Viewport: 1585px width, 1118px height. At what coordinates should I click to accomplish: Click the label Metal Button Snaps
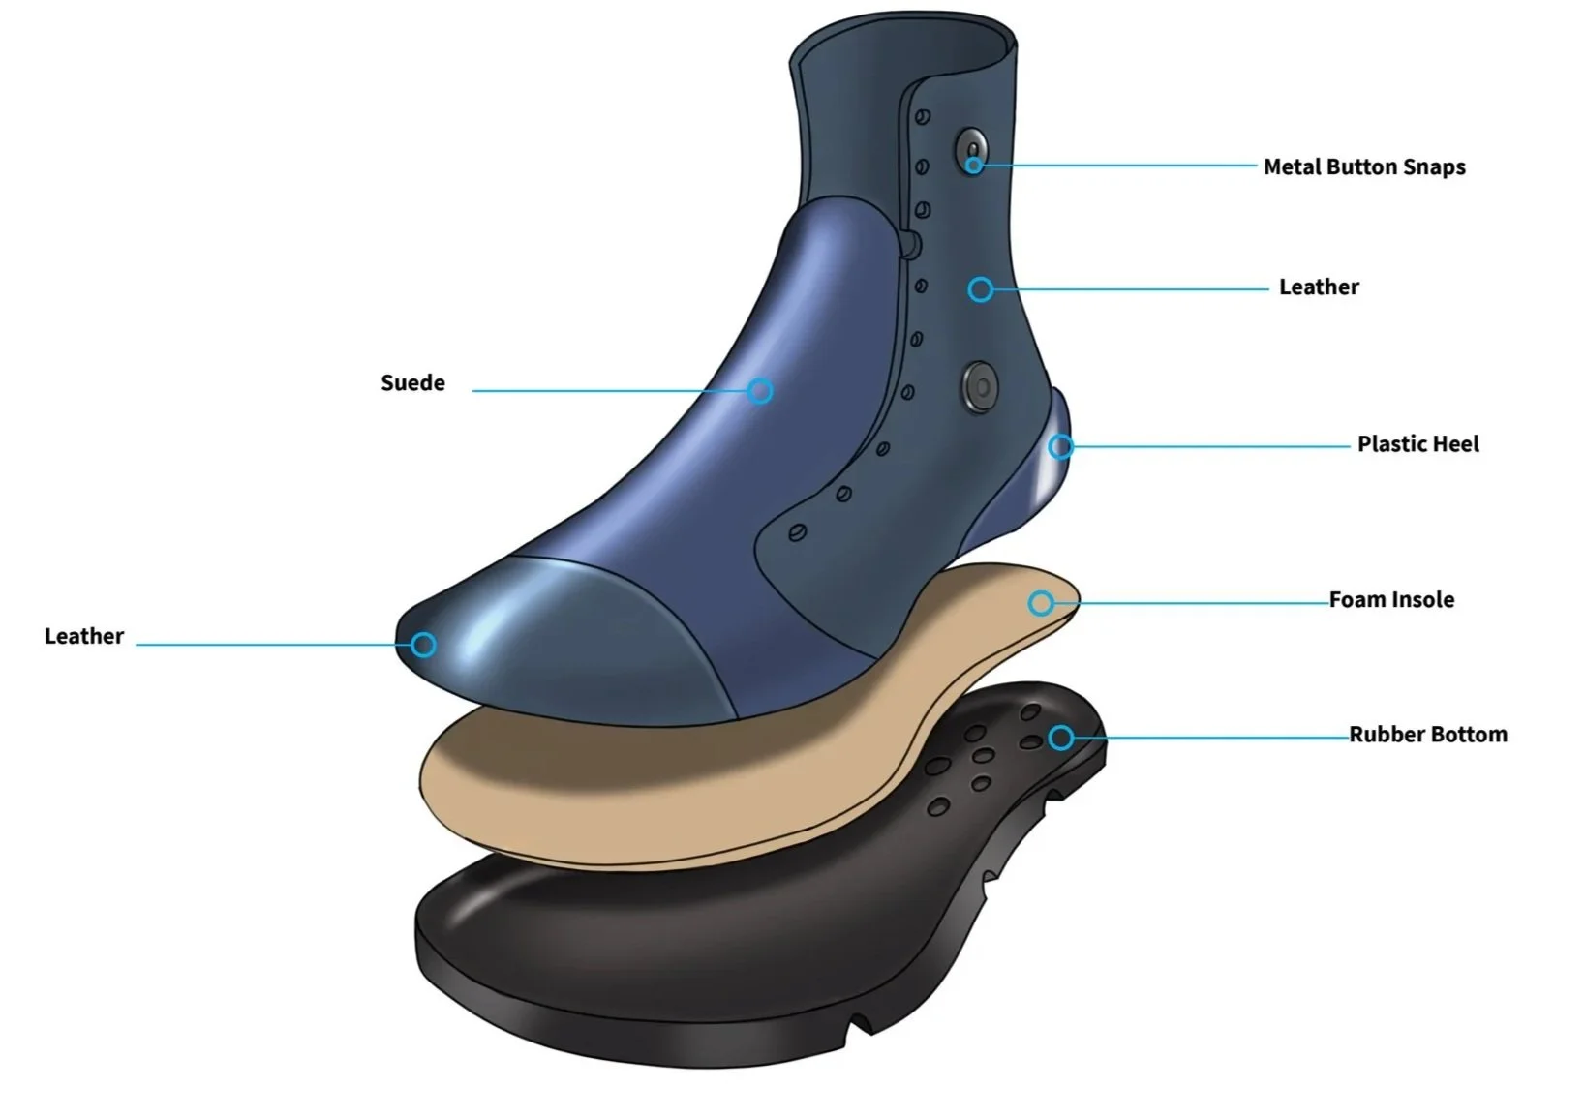[1363, 166]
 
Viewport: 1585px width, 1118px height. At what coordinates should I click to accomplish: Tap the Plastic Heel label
[1417, 444]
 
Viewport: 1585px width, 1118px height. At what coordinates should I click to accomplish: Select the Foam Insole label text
[1390, 600]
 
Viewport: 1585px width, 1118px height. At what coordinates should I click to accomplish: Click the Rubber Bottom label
[1427, 735]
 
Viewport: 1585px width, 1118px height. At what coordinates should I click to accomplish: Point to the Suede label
[412, 383]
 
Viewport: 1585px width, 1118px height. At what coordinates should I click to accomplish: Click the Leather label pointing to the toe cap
[84, 637]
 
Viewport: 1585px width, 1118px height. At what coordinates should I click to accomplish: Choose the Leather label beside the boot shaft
[1319, 287]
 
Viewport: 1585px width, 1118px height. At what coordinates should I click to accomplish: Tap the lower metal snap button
[981, 386]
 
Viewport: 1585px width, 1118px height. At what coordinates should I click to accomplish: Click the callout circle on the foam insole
[1041, 603]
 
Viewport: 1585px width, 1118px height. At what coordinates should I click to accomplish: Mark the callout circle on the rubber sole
[1061, 738]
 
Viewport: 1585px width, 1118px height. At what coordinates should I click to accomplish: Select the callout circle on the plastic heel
[1061, 446]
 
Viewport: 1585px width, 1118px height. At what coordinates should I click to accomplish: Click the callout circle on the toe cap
[423, 645]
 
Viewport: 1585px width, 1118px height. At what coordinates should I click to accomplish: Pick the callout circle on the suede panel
[760, 391]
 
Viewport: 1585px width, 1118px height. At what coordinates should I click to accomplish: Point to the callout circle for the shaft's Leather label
[981, 289]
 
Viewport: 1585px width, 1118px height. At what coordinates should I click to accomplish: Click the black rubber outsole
[678, 968]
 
